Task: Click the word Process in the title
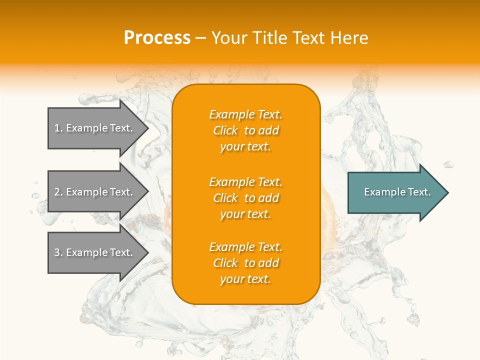click(157, 38)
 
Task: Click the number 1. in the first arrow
click(58, 128)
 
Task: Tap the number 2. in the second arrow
click(58, 192)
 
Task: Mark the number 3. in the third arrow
click(58, 252)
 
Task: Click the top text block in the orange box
click(246, 130)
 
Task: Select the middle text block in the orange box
click(246, 198)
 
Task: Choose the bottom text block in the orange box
click(246, 263)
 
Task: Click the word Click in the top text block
click(225, 130)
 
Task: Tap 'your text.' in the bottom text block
click(245, 279)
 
